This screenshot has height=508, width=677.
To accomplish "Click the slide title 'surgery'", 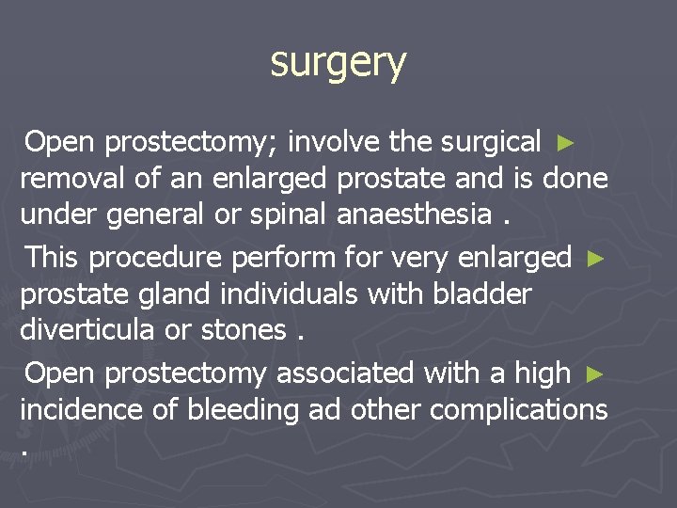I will click(x=338, y=64).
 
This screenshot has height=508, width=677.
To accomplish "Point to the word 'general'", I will click(x=156, y=214).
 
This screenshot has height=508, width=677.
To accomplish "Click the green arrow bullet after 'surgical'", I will click(x=564, y=143).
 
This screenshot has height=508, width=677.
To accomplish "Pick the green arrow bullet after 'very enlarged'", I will click(x=593, y=258).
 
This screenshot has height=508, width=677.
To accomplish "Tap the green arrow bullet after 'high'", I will click(x=593, y=373).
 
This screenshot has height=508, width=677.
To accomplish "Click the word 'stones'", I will click(x=244, y=329).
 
